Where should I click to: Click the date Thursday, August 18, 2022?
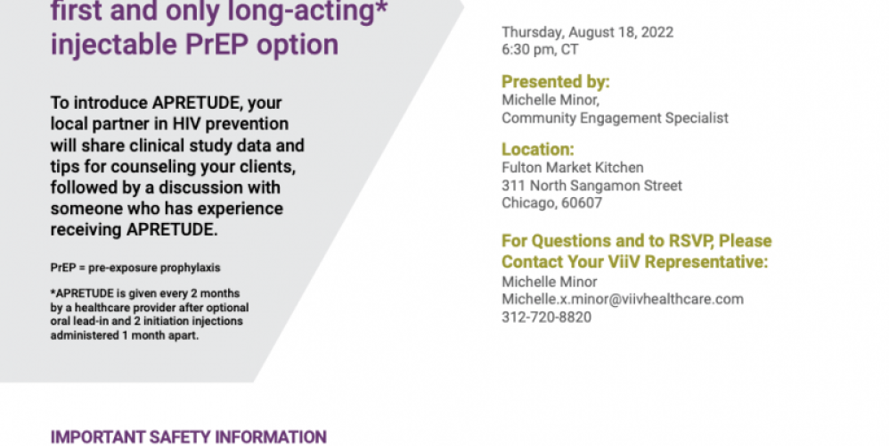pos(587,32)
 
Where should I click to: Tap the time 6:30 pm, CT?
pos(540,50)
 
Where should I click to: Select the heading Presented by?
pos(556,82)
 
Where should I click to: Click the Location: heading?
pos(537,149)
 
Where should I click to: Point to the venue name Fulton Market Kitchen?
pos(573,168)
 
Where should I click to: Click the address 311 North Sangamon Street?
pos(591,186)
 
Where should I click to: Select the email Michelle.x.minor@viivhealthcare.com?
pos(623,299)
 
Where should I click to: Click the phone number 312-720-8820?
pos(547,318)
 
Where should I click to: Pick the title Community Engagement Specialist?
pos(616,118)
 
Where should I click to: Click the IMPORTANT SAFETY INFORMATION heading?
pos(188,437)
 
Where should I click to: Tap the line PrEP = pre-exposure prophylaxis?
pos(135,268)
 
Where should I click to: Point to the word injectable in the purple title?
pos(114,45)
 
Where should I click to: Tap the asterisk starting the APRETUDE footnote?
pos(53,293)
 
